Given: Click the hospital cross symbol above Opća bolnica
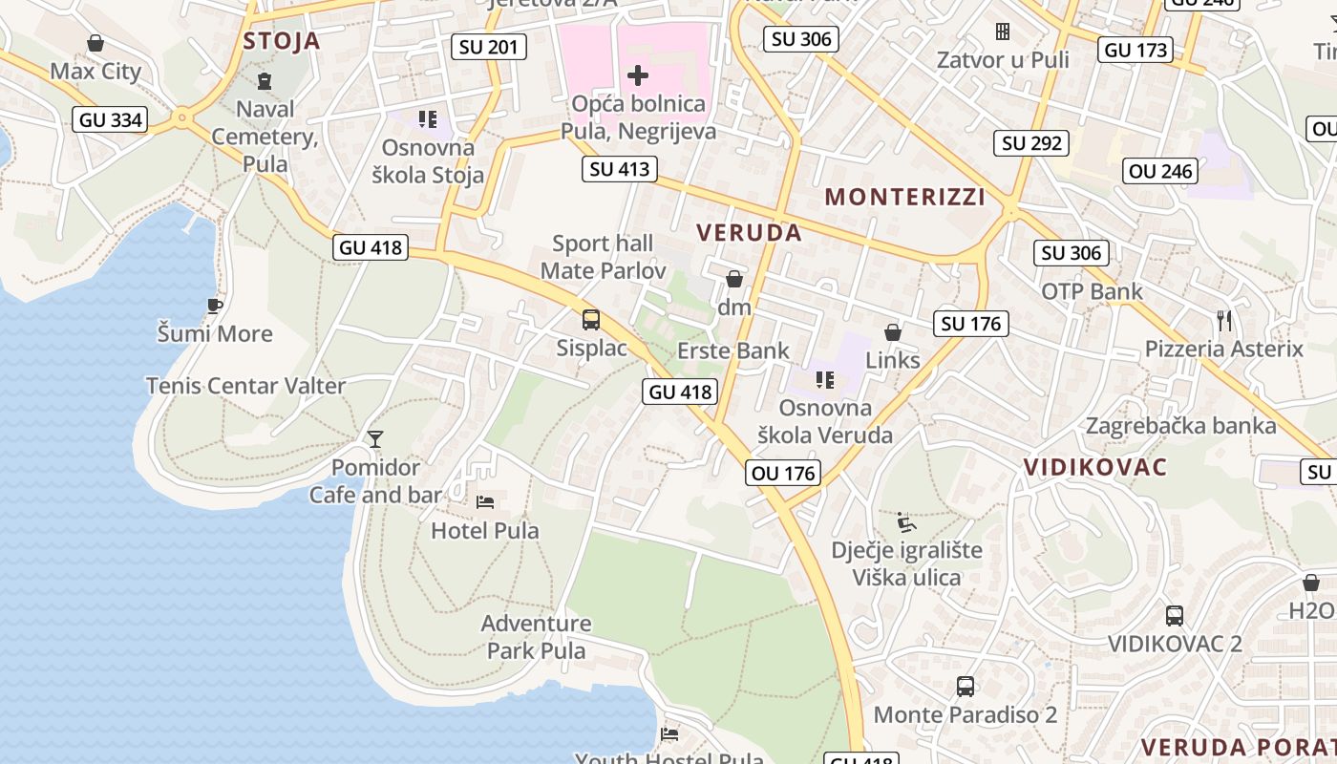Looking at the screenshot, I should [x=638, y=74].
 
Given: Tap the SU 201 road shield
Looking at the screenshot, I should [x=488, y=47].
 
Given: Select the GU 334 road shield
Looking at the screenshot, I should [x=110, y=119].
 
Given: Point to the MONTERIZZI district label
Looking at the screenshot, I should [x=904, y=198].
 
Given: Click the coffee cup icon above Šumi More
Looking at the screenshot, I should [x=215, y=306].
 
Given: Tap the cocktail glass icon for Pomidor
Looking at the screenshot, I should [x=375, y=439].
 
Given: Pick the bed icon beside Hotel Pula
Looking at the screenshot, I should [x=485, y=501].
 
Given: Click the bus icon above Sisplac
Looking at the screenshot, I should [x=591, y=320].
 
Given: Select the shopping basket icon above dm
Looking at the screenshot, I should [x=734, y=279].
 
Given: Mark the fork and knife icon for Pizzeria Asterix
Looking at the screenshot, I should [x=1224, y=320].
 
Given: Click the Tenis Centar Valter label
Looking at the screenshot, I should [x=245, y=386].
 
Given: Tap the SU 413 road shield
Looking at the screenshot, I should [x=619, y=169].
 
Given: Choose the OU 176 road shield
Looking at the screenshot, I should [x=783, y=473].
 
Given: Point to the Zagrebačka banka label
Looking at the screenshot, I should [x=1181, y=426].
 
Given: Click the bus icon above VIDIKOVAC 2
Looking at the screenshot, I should [x=1175, y=616].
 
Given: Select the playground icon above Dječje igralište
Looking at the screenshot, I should [x=906, y=522].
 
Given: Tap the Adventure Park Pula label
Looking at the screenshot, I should [x=536, y=637].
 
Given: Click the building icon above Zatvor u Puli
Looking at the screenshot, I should [x=1002, y=32].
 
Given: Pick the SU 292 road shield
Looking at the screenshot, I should [x=1031, y=143].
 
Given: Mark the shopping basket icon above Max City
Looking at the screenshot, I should [x=95, y=43].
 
